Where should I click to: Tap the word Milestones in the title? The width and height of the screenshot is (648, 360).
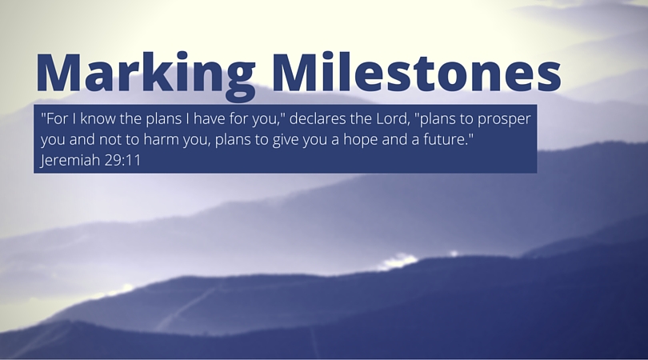[x=417, y=71]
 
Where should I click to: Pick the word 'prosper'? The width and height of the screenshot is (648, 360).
[x=504, y=120]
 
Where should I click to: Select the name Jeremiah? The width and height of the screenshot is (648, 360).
[x=70, y=160]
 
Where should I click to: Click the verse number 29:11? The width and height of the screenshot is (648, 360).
[x=122, y=160]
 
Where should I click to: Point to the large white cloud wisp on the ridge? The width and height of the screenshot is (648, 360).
[x=398, y=262]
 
